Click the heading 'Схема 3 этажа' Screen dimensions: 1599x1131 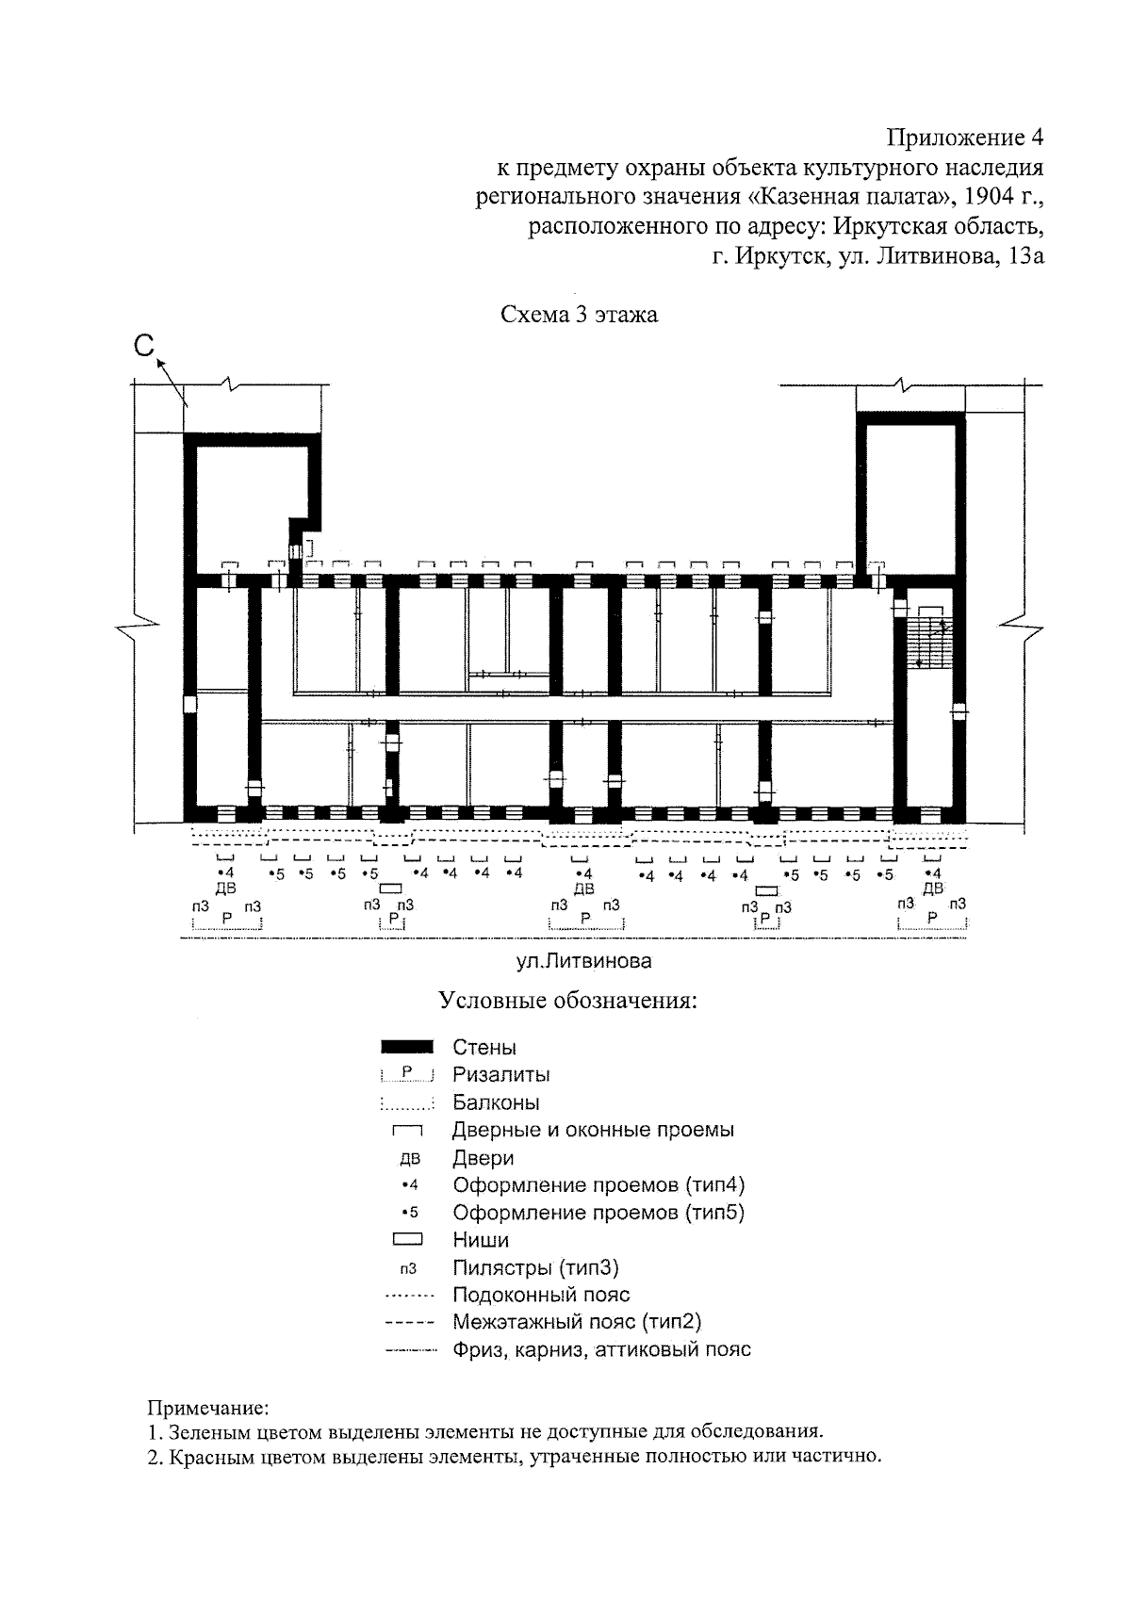pos(579,315)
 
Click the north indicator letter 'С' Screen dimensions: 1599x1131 pos(143,347)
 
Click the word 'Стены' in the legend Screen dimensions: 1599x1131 pos(484,1047)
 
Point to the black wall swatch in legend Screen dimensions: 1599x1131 pos(407,1046)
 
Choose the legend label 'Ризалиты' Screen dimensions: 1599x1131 pos(501,1074)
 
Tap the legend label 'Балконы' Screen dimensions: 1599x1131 pos(496,1102)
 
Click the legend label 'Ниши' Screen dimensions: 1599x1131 pos(481,1240)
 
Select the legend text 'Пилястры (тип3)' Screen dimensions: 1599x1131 pos(535,1267)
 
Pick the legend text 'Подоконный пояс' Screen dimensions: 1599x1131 pos(541,1295)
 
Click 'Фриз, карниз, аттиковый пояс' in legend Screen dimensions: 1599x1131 pos(601,1349)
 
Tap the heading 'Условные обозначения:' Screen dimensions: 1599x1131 pos(568,1000)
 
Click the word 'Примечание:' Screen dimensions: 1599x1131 pos(208,1409)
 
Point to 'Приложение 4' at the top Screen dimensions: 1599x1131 pos(965,139)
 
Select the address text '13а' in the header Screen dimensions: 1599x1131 pos(1024,255)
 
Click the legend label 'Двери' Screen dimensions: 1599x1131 pos(483,1157)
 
